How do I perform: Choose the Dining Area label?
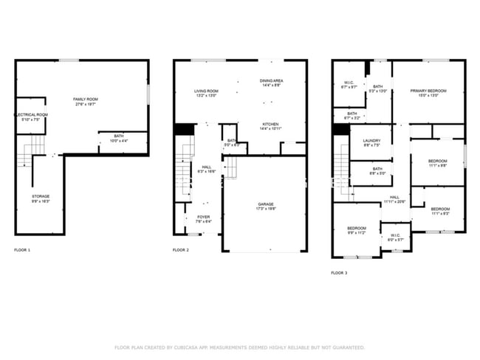click(272, 83)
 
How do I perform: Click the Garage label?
click(266, 206)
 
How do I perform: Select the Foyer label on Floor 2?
click(203, 219)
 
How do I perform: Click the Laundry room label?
click(371, 142)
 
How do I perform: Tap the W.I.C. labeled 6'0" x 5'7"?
click(395, 238)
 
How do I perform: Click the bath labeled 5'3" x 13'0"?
click(378, 89)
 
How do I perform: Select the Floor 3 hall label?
click(394, 199)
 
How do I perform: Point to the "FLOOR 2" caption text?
click(181, 250)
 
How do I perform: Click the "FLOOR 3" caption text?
click(339, 272)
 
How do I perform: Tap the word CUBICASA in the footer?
click(185, 347)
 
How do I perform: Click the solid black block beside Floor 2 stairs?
click(182, 128)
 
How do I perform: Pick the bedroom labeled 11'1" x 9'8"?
click(439, 162)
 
